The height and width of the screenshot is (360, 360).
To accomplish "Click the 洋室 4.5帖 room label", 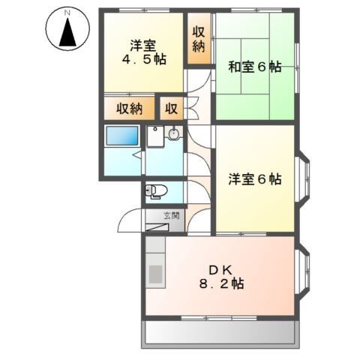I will (x=145, y=51).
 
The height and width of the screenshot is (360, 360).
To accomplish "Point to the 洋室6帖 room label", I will (x=255, y=179).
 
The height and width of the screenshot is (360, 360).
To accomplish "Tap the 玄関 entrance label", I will (x=172, y=216).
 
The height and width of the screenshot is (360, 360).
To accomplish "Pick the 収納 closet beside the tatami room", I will (x=199, y=38).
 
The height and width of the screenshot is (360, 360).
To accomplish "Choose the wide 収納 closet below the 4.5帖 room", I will (x=129, y=108).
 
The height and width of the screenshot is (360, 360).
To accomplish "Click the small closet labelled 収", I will (x=171, y=108).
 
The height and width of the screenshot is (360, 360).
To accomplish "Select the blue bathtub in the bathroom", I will (x=121, y=137).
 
